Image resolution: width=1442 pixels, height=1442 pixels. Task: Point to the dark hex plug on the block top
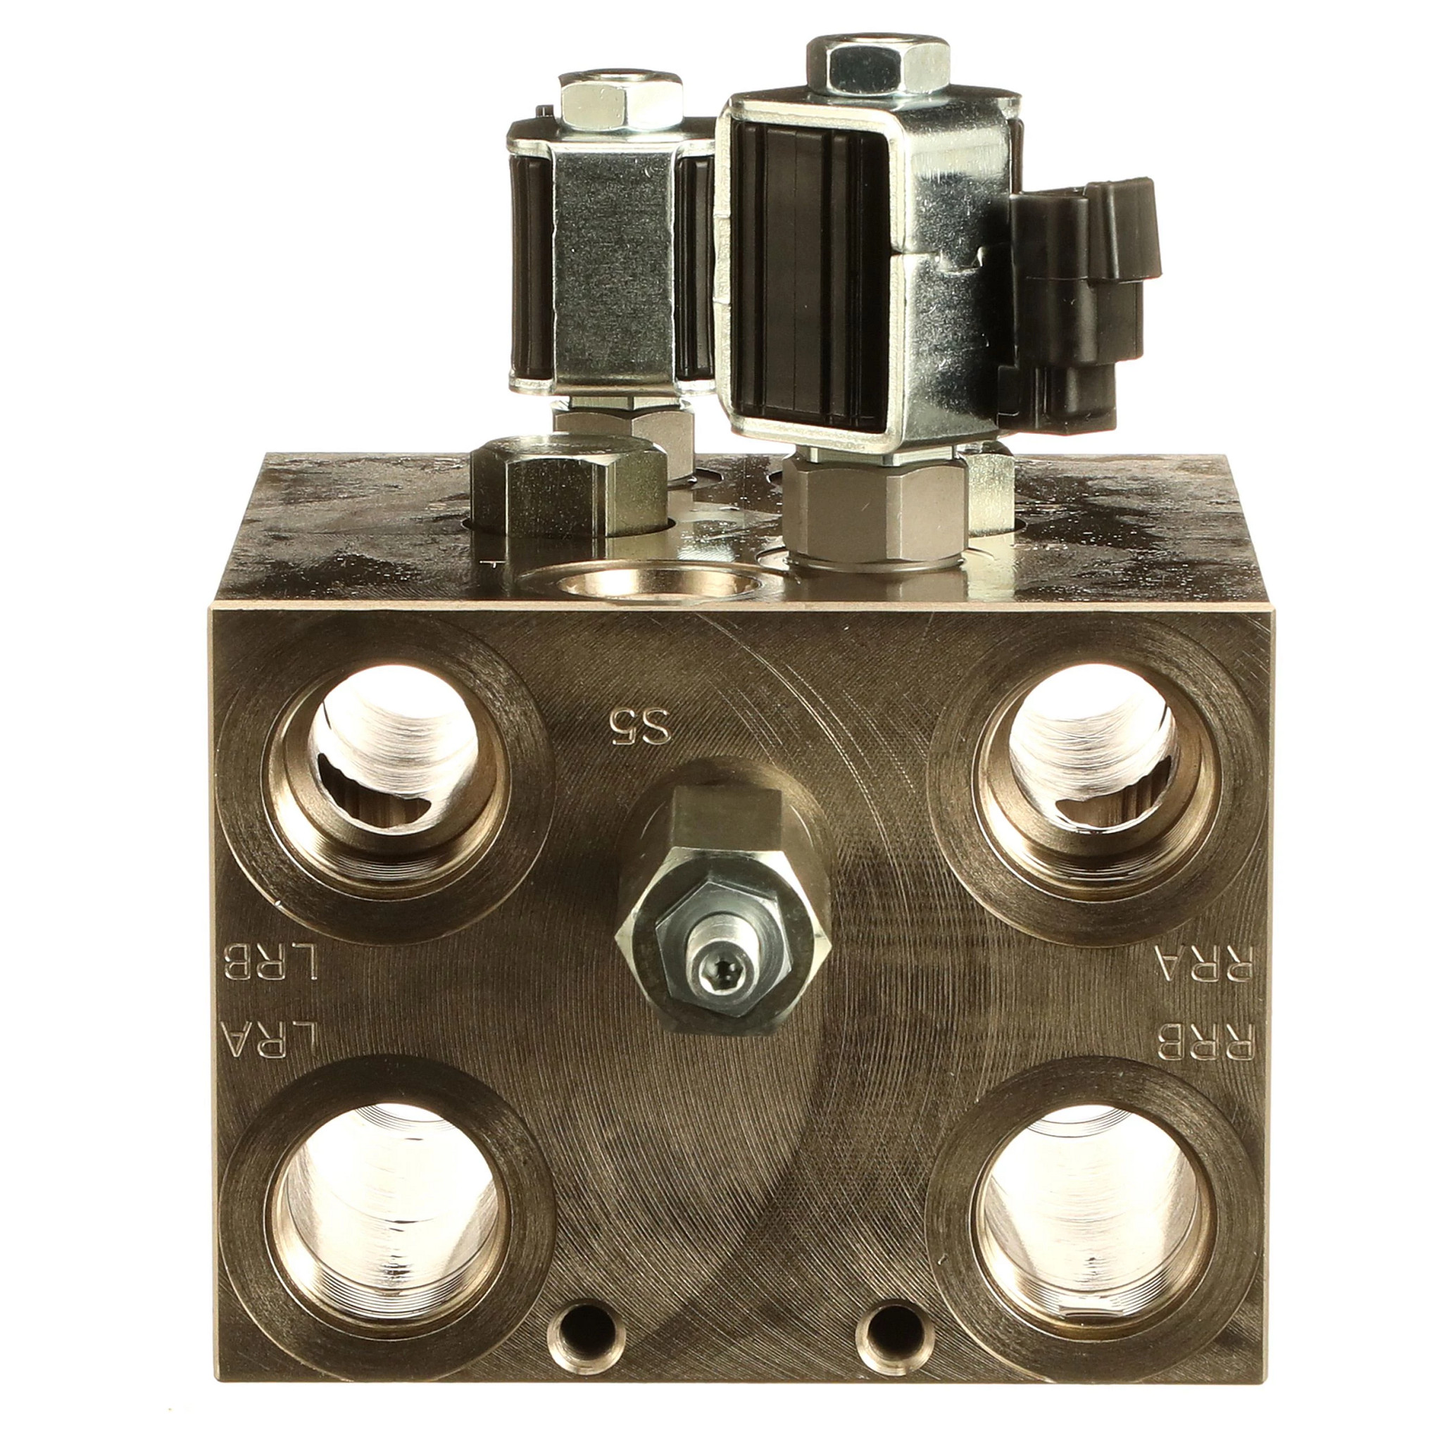[x=569, y=488]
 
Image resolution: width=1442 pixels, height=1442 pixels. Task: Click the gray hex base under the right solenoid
[x=873, y=512]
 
